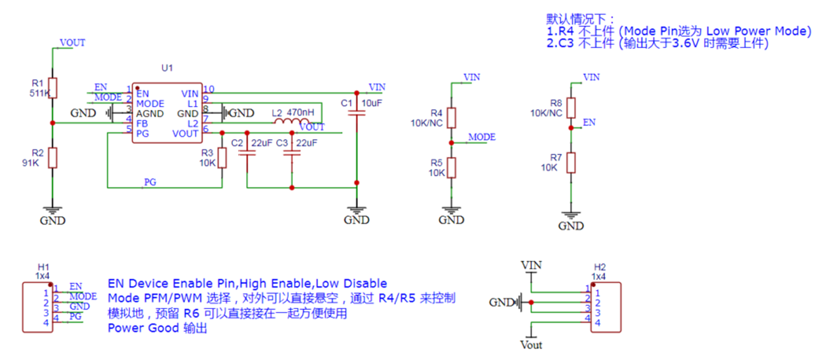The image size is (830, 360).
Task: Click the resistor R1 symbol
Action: pos(52,88)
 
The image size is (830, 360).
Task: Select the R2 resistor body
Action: pos(52,158)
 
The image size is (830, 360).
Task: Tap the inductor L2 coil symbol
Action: pos(292,121)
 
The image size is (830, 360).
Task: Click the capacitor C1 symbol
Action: pos(357,113)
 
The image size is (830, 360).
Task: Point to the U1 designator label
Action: pos(167,68)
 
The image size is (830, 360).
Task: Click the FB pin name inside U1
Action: pos(142,123)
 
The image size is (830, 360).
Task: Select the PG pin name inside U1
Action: pos(143,133)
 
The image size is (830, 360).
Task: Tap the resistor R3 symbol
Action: pos(222,158)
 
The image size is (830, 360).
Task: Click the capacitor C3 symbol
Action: pos(292,153)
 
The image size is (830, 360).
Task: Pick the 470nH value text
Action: pos(301,113)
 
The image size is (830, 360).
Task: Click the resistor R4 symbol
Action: pos(452,118)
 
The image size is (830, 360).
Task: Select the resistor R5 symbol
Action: pos(452,168)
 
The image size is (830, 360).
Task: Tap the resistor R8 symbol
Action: pos(571,108)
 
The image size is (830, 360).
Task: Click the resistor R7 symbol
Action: pos(571,163)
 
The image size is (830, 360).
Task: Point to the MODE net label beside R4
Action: pos(482,137)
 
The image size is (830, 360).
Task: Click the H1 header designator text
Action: pos(44,267)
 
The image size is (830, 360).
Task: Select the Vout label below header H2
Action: pos(531,345)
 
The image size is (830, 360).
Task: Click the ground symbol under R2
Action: pos(52,211)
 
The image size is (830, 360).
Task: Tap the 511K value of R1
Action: pos(39,93)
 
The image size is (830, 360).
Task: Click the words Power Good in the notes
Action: pos(144,328)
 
